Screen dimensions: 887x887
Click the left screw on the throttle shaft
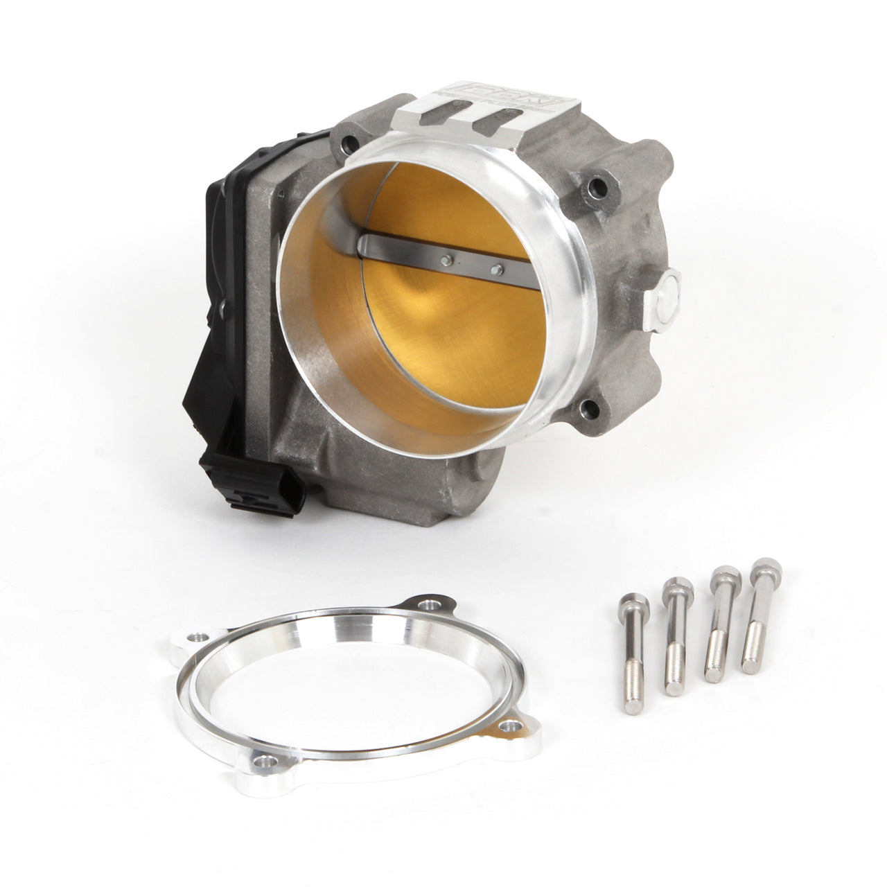coord(447,261)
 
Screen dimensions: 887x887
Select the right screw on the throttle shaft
coord(494,267)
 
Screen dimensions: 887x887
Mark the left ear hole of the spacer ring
coord(202,635)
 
